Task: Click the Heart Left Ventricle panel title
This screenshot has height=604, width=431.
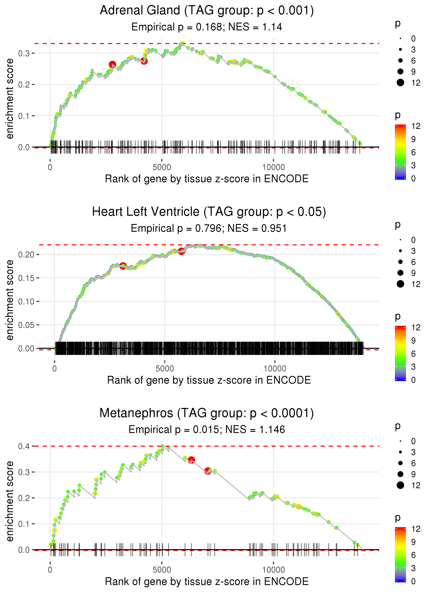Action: (209, 212)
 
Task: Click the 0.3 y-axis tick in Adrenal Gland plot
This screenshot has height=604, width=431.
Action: (24, 53)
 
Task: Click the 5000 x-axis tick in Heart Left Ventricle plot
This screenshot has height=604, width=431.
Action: (164, 369)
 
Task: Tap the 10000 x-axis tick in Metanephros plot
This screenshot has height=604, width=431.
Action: (273, 570)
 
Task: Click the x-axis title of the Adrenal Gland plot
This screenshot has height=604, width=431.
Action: (207, 179)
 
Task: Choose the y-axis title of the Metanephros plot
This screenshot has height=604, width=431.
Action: (10, 501)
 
